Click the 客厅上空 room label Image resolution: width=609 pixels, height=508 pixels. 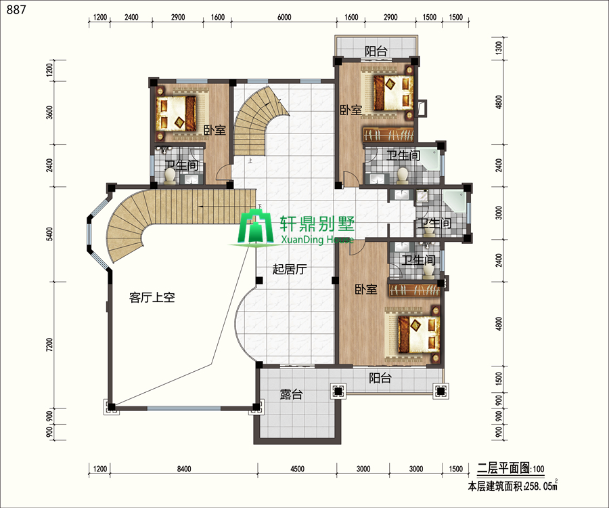click(152, 298)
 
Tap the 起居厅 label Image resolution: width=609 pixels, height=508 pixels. click(290, 269)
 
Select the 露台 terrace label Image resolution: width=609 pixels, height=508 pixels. click(291, 394)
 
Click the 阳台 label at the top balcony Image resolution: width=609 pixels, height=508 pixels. click(376, 51)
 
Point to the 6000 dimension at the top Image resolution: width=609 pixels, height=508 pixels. click(284, 17)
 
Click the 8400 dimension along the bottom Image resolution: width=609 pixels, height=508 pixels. click(183, 469)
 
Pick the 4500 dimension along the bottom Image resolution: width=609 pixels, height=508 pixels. click(297, 469)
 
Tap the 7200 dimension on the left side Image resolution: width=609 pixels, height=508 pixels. click(49, 345)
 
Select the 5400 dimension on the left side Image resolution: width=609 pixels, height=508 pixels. click(49, 234)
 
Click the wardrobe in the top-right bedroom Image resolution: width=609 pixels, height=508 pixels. click(388, 135)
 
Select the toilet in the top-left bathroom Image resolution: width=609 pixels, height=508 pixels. click(170, 175)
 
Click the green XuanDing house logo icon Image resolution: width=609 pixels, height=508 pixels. click(256, 227)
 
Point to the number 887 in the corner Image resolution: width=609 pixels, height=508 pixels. click(16, 9)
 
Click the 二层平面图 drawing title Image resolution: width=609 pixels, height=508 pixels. click(503, 468)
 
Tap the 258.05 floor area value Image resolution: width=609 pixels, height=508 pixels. click(539, 486)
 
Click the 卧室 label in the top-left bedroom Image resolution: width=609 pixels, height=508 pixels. click(215, 129)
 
